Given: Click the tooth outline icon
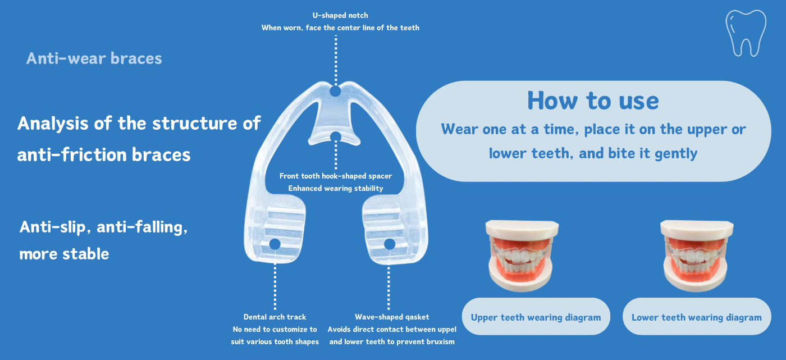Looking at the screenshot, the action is (x=746, y=33).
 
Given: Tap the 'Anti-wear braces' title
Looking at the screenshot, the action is (x=94, y=58).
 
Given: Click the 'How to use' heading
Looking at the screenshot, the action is (x=593, y=101).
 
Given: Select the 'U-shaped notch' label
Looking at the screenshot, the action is (x=340, y=15).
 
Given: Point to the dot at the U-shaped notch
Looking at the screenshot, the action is (x=336, y=91).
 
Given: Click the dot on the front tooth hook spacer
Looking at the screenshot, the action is (x=336, y=137).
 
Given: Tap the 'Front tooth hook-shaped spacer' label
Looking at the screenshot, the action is (x=336, y=176).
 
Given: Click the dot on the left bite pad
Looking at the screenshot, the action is (x=275, y=244).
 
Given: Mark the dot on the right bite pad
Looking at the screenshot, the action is (x=390, y=244).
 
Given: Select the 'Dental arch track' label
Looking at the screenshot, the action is (x=275, y=317).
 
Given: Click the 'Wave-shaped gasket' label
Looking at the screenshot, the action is (x=392, y=317).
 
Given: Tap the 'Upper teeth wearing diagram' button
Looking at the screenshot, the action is (x=536, y=317).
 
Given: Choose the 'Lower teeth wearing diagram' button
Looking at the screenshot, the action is (x=697, y=317).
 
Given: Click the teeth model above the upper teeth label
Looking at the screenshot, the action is (x=522, y=256).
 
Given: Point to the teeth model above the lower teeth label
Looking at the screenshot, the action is (x=696, y=256).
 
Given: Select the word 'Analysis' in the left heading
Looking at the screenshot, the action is (x=53, y=124).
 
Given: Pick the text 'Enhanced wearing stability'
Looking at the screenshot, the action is (x=336, y=188).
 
